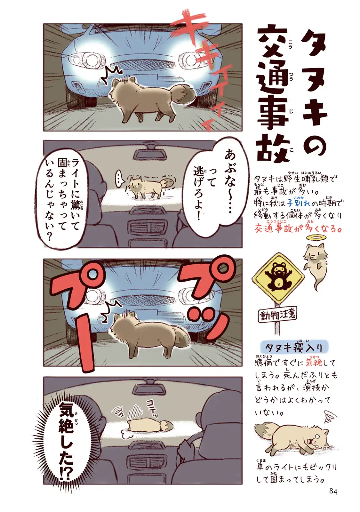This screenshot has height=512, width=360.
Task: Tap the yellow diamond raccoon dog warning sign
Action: coord(278,278)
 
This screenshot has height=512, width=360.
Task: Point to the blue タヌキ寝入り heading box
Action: coord(294,348)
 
